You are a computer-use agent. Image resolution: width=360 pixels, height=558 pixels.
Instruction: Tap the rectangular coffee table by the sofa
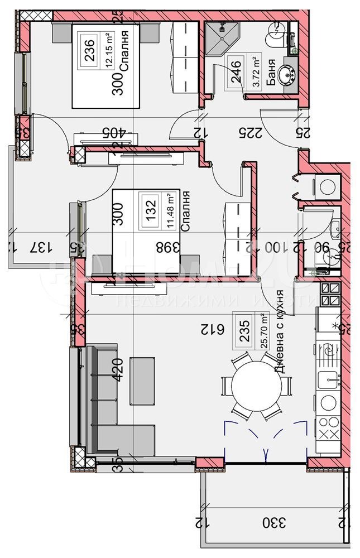coord(141,381)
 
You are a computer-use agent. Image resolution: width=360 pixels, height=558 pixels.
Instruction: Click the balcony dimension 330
coord(274,523)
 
